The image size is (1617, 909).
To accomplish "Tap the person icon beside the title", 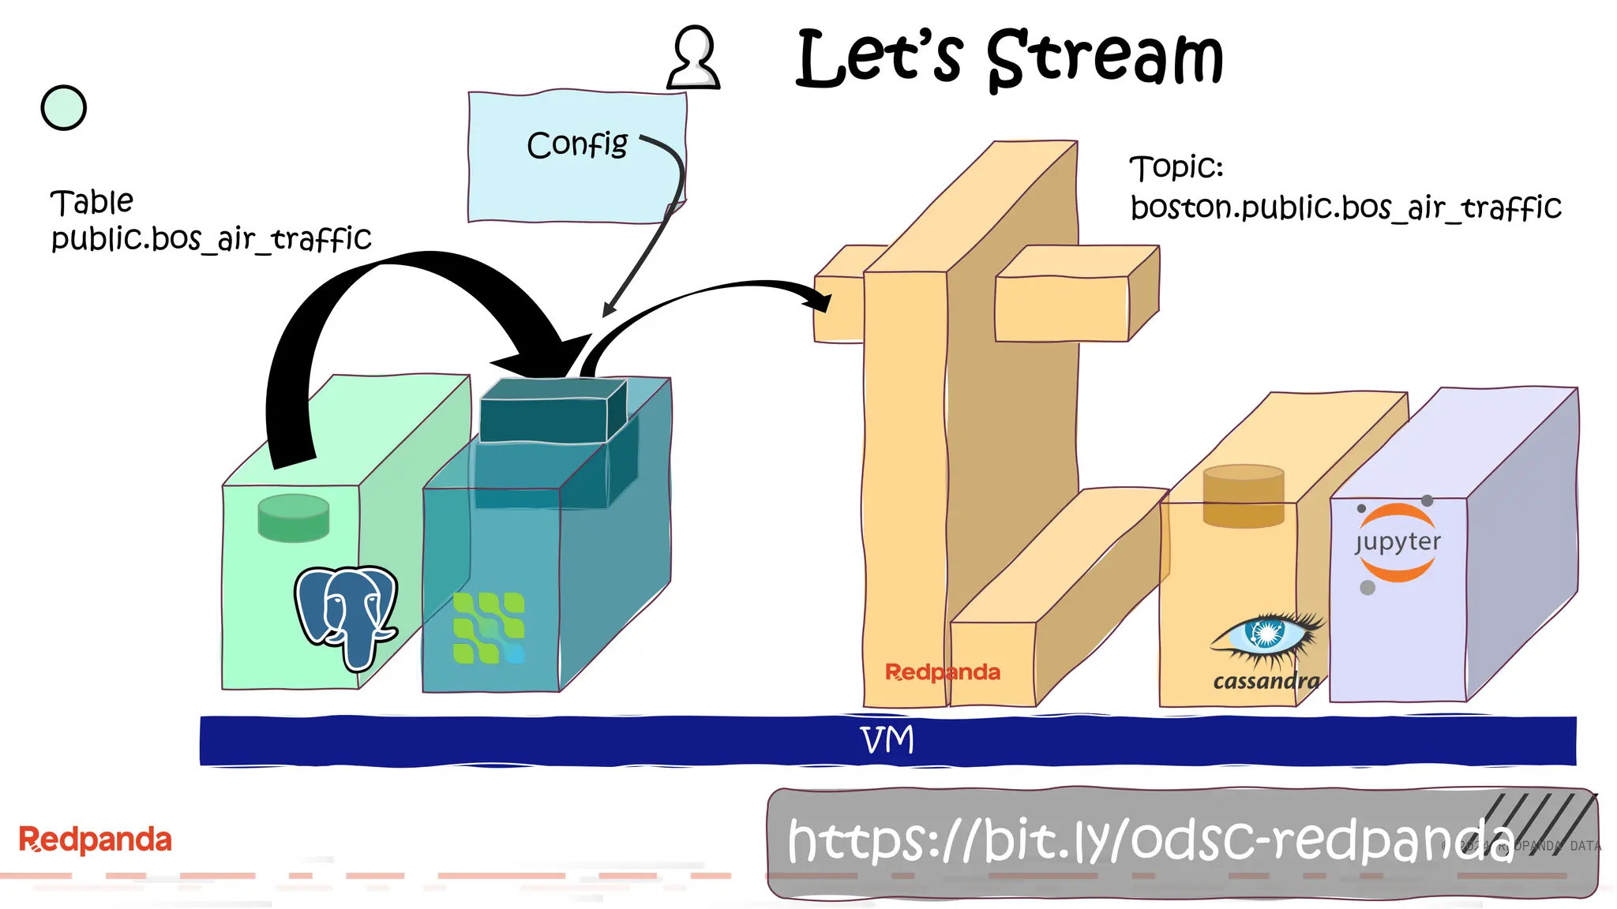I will pos(693,58).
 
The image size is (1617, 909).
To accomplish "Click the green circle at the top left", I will pos(63,108).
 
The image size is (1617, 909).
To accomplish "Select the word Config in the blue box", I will pos(576,144).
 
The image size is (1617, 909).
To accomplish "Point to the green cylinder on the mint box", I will pos(293,518).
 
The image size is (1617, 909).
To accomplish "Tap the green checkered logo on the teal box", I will pos(488,628).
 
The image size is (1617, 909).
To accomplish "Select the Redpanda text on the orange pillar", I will pos(942,672).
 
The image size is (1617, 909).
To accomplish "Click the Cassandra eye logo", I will pos(1266,634).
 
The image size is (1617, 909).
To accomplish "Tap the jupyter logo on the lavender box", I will pos(1398,542).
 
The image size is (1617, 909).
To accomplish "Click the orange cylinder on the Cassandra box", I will pos(1243,496).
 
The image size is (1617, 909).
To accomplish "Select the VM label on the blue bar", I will pos(887,740).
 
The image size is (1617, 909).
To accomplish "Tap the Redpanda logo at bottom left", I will pos(95,840).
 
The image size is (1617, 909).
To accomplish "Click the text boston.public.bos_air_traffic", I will pos(1345,208).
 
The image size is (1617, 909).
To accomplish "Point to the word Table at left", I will pos(92,202).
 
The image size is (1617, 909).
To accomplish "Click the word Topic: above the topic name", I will pos(1176,167).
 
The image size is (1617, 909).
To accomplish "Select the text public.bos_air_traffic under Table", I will pos(211,238).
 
